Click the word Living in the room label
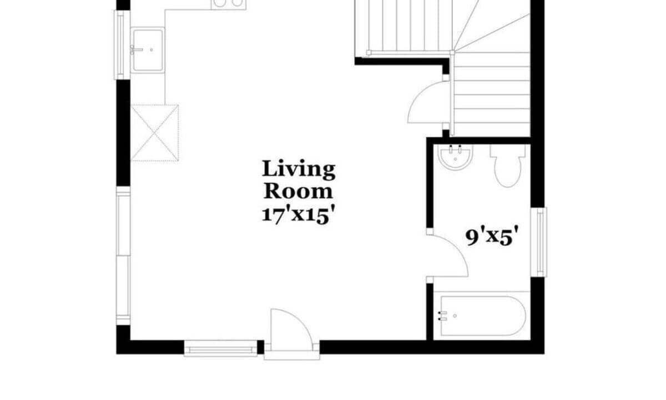coord(299,169)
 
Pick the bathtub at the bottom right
coord(483,316)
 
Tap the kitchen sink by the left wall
coord(148,50)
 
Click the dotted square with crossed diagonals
coord(155,133)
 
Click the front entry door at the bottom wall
coord(291,331)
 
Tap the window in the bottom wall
coord(220,348)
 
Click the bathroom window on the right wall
coord(539,242)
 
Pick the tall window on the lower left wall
coord(123,256)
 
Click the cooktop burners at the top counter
coord(228,3)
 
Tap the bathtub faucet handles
coord(443,316)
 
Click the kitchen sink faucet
coord(136,50)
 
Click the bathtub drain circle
coord(455,316)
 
